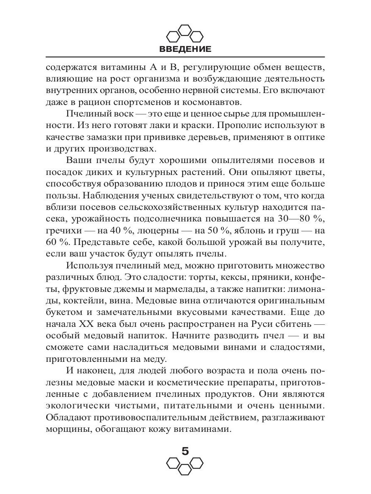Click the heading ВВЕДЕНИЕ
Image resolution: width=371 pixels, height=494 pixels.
point(185,49)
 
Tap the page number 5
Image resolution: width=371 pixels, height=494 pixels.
point(185,451)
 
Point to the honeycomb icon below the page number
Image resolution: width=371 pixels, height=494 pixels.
point(185,466)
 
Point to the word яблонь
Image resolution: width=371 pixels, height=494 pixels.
point(251,240)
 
